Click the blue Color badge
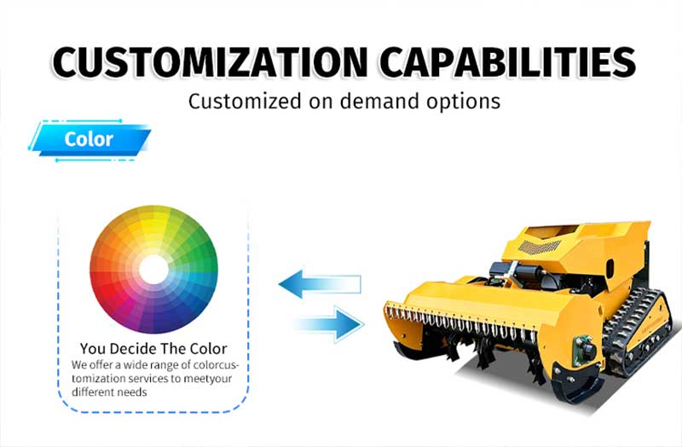click(90, 140)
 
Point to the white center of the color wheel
click(153, 270)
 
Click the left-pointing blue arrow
click(320, 284)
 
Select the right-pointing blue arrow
click(329, 324)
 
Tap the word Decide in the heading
click(134, 349)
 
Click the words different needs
click(109, 392)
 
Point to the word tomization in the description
click(99, 378)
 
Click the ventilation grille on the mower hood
click(539, 247)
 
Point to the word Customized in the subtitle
click(245, 101)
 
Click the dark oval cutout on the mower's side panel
click(610, 265)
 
